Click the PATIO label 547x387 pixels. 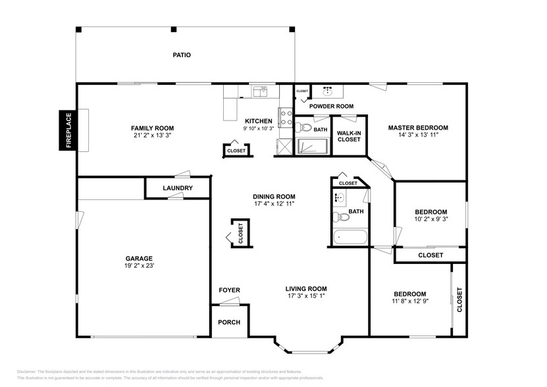pos(182,55)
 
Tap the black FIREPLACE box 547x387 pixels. pos(68,130)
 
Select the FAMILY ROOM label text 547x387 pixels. pos(152,128)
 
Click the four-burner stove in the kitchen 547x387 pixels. pos(287,118)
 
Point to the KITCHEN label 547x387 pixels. pos(258,121)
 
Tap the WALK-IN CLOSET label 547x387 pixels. pos(348,136)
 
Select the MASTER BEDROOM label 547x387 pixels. pos(417,128)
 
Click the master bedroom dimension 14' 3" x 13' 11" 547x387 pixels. pos(417,135)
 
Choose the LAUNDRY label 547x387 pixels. pos(178,188)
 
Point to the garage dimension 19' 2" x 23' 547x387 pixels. pos(139,266)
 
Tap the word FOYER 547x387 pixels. pos(229,290)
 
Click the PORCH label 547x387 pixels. pos(229,322)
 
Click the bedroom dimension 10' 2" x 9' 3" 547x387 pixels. pos(430,219)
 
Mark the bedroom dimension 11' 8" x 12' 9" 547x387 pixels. pos(409,301)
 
